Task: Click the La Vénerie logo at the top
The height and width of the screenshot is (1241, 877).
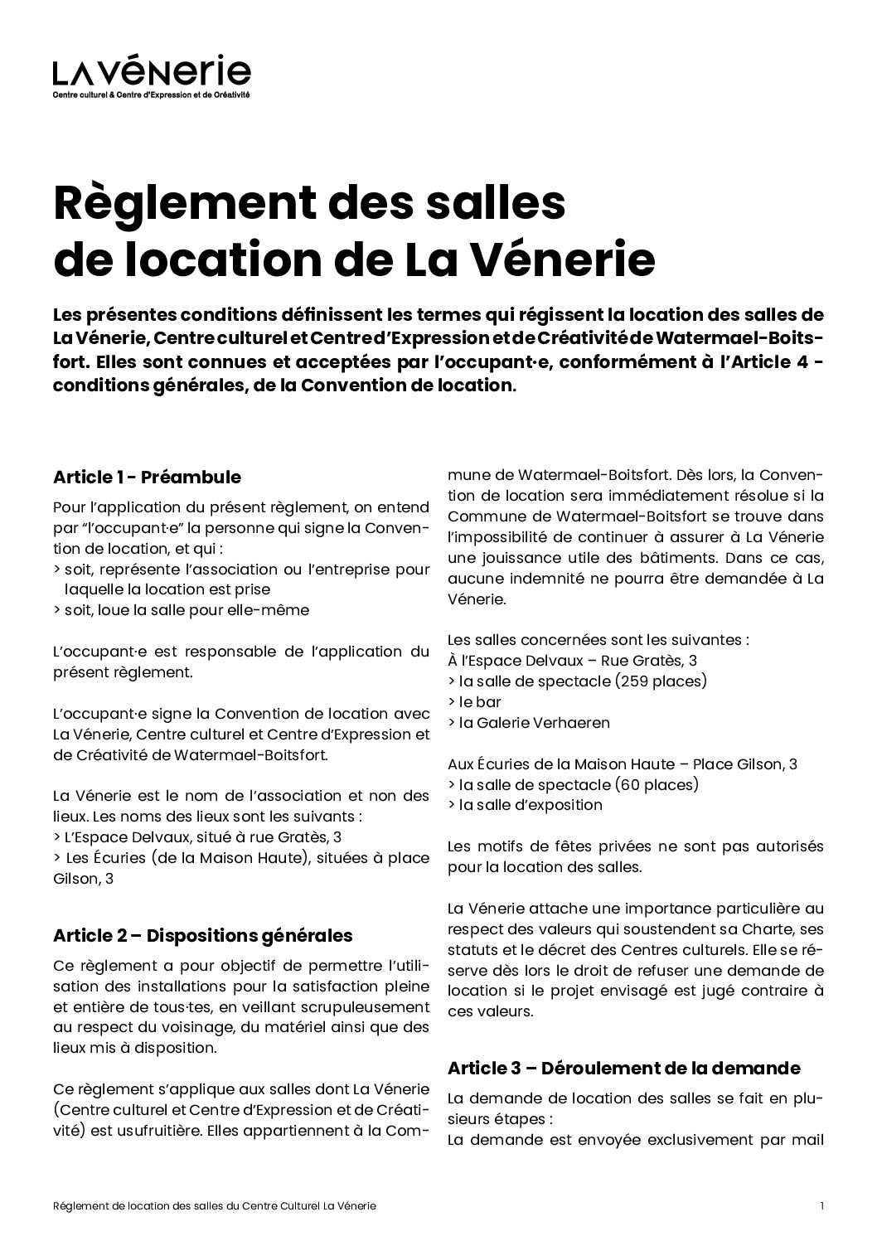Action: coord(151,72)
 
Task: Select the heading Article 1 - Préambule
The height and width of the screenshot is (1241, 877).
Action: coord(147,477)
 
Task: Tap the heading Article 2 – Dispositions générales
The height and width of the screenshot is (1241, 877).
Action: coord(202,935)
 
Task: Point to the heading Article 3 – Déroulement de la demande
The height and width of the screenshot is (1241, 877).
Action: coord(623,1068)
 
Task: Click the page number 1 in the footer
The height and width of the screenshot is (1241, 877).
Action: coord(821,1206)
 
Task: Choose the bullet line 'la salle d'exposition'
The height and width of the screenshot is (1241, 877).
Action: coord(525,804)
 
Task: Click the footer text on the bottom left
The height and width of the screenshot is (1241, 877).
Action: coord(219,1206)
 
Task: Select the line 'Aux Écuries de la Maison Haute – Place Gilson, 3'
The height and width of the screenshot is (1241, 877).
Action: coord(622,764)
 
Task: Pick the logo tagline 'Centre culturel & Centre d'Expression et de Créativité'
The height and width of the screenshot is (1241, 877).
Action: coord(151,95)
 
